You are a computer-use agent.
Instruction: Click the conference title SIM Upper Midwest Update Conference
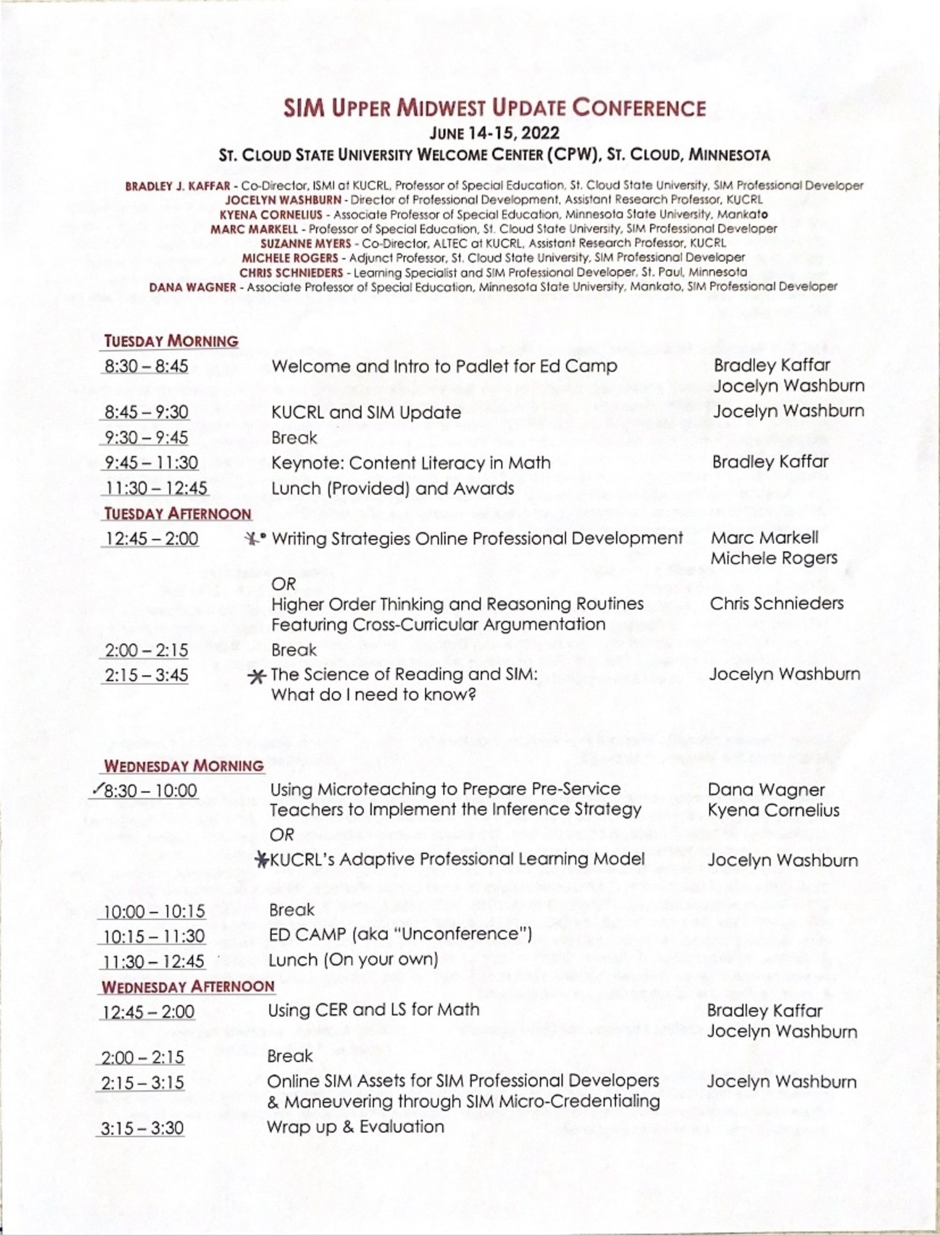494,108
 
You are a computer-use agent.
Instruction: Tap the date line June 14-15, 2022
494,132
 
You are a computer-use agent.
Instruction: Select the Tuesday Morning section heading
171,341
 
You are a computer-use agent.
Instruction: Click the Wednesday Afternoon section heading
188,987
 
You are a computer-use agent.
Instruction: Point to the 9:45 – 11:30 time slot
151,463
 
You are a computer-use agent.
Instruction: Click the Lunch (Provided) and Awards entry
393,488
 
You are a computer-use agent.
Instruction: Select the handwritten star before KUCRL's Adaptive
262,859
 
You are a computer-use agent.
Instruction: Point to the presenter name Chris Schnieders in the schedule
776,604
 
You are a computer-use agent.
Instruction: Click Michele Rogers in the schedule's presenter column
774,558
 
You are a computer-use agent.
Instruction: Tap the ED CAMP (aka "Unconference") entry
400,935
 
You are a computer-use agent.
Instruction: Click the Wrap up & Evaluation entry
355,1127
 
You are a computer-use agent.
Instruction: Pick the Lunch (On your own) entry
353,960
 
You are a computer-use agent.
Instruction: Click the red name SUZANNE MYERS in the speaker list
305,243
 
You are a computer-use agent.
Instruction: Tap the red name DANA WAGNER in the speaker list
192,287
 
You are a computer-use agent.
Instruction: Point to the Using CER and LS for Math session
373,1010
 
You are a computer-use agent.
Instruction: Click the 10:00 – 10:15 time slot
154,911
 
